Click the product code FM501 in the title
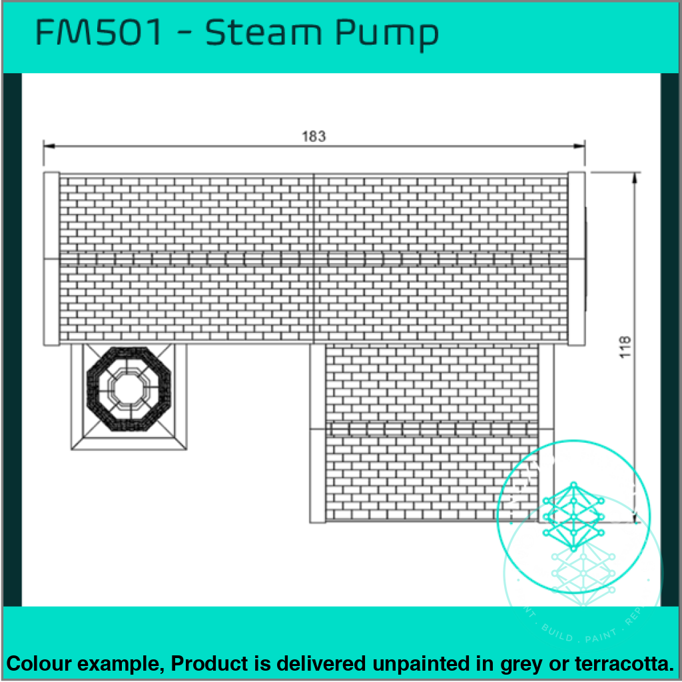tap(99, 33)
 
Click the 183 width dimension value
tap(314, 137)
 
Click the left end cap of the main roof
tap(51, 258)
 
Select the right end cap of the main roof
tap(577, 258)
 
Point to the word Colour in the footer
tap(38, 663)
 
